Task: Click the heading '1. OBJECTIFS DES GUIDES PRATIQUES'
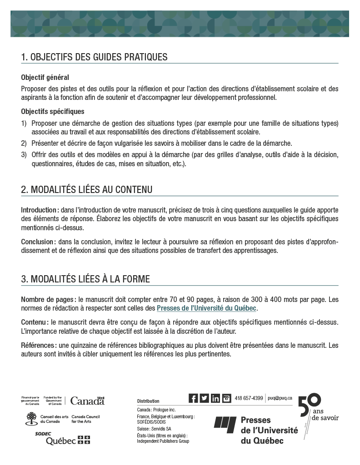[94, 57]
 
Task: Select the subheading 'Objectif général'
[45, 78]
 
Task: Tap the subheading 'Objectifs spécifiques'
[52, 112]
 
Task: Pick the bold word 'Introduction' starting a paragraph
[39, 210]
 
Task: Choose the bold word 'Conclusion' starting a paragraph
[38, 242]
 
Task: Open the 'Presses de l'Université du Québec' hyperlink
[207, 309]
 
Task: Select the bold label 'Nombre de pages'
[48, 300]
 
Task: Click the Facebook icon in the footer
[193, 398]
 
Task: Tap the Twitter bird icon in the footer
[205, 398]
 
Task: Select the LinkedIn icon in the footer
[215, 398]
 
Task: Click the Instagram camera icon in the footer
[226, 398]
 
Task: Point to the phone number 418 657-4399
[249, 399]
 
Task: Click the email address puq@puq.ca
[280, 398]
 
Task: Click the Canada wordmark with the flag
[87, 401]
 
